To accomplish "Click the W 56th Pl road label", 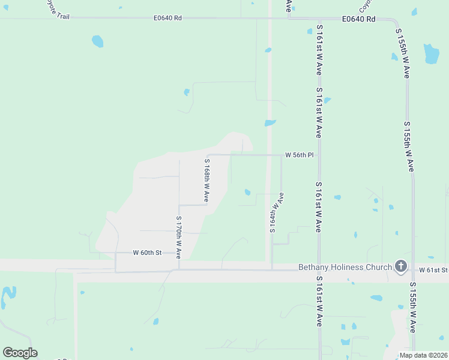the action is point(299,155).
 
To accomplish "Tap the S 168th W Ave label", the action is point(206,179).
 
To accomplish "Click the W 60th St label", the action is point(148,253).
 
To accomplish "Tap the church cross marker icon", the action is point(400,266).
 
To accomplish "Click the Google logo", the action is point(20,353).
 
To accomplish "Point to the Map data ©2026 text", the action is point(423,355).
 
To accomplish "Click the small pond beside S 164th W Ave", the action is point(247,192).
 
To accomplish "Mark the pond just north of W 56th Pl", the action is point(270,124).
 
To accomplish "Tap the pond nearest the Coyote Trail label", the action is point(97,41).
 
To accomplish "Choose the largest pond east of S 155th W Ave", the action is point(431,53).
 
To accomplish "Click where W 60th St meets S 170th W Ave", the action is point(179,253).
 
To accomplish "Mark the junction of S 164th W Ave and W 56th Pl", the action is point(282,155).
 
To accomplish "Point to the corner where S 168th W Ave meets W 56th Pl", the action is point(208,155).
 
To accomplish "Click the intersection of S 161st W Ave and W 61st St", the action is point(319,269).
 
